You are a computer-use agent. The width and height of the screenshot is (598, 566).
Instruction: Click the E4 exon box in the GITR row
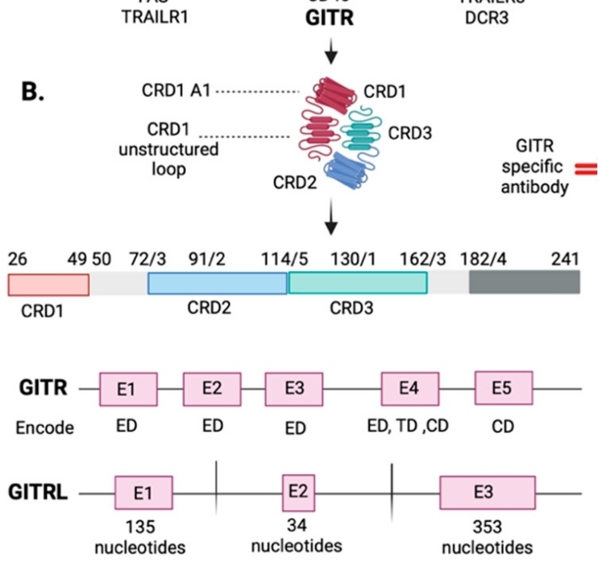409,389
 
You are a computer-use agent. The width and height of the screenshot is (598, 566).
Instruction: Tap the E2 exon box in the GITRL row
298,493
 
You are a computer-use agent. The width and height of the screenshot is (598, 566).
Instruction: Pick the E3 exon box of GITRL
483,493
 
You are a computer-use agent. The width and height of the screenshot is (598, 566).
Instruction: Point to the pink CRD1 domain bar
48,283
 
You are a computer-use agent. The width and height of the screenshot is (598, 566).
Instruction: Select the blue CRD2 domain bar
218,283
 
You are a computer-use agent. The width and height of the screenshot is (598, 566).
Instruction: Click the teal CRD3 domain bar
358,283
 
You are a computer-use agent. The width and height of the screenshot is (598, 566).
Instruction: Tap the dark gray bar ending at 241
524,282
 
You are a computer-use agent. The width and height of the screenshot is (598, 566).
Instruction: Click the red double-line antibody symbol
585,168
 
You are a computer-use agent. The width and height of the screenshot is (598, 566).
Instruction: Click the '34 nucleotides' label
297,535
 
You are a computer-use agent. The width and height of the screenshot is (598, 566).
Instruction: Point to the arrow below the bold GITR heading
330,56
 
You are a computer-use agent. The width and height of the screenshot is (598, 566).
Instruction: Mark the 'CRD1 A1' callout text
176,91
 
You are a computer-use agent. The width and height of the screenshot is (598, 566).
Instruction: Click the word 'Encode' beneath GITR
44,428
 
